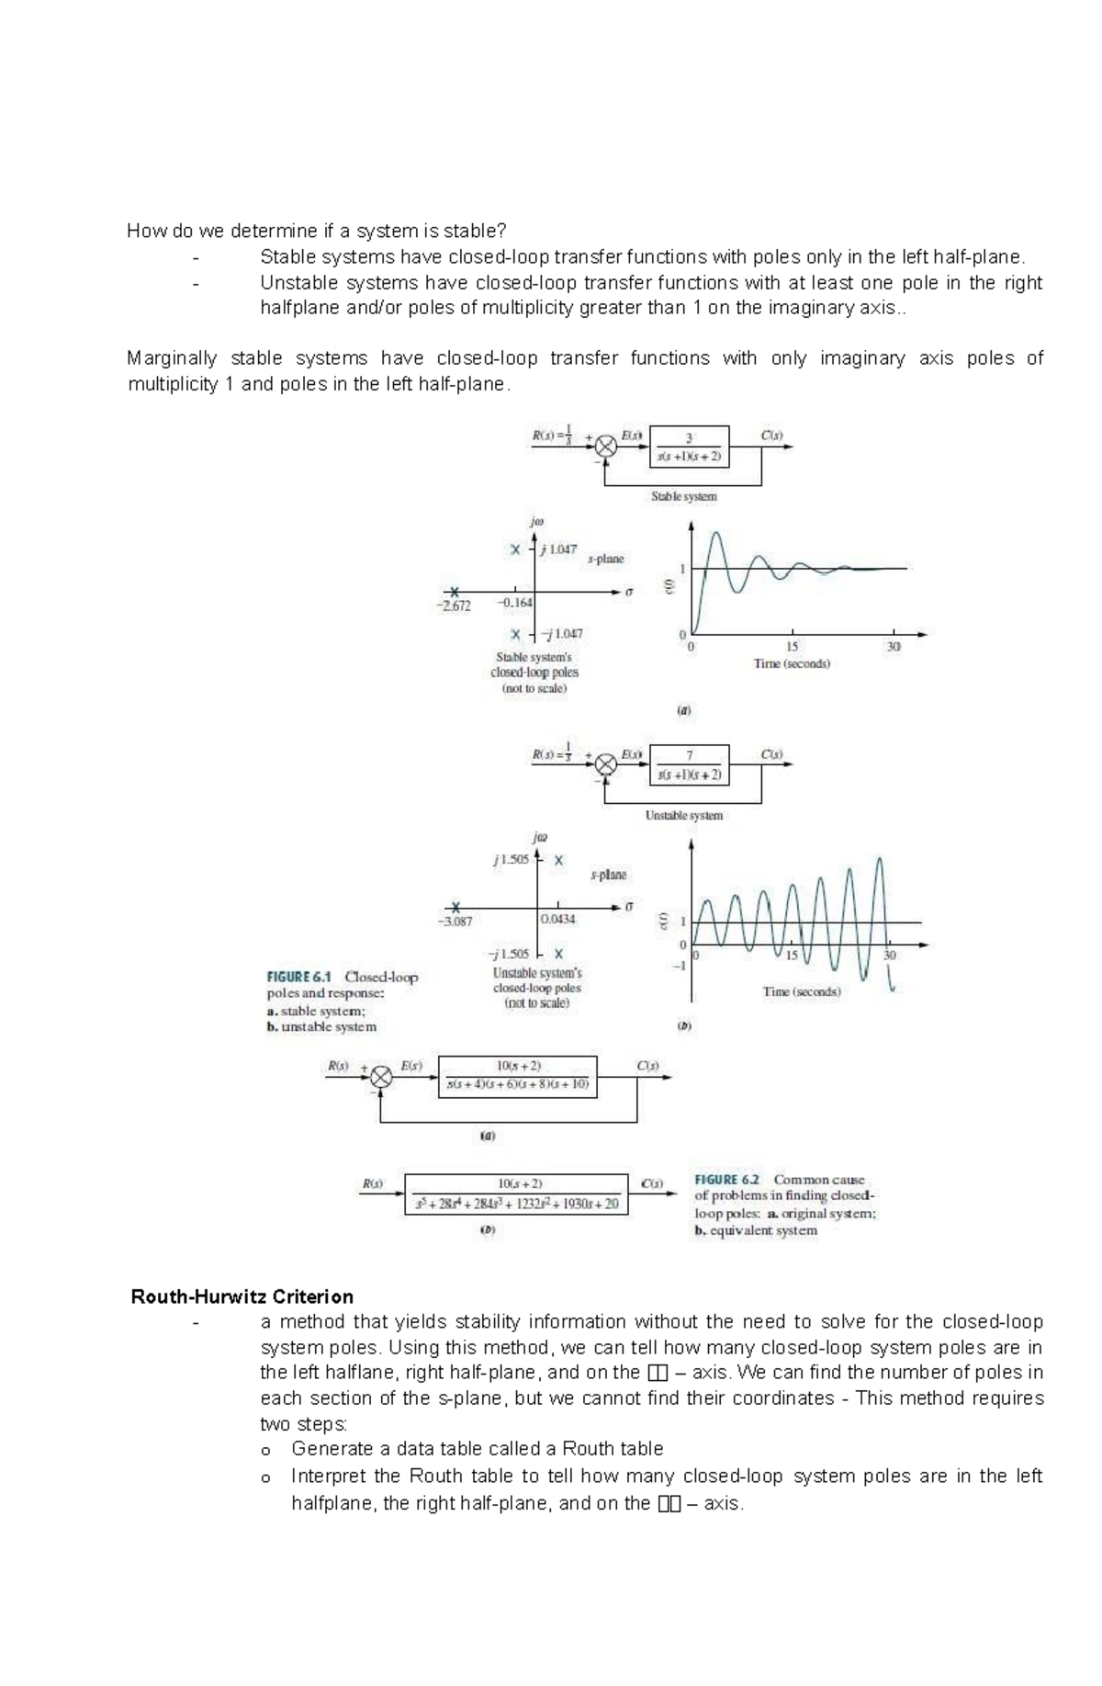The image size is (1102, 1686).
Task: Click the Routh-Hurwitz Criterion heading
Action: [x=242, y=1296]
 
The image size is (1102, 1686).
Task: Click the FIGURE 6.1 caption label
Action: [x=299, y=977]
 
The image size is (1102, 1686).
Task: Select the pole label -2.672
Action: [x=453, y=606]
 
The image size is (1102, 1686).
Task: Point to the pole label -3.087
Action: [x=455, y=921]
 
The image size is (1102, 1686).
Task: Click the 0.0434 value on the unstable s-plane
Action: [x=557, y=919]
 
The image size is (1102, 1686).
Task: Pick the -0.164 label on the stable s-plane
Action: [x=514, y=603]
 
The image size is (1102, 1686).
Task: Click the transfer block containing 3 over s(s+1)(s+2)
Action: [x=689, y=447]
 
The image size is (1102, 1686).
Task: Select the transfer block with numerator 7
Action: [x=689, y=764]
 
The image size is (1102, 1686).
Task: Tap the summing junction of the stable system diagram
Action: [x=605, y=447]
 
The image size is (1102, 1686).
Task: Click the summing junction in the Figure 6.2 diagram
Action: [x=381, y=1077]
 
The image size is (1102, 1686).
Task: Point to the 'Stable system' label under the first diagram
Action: [x=683, y=496]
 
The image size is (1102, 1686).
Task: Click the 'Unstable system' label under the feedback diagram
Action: [x=683, y=815]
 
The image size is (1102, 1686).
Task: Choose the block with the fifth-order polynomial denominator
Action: [x=517, y=1194]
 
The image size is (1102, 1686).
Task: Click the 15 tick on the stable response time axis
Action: [x=792, y=647]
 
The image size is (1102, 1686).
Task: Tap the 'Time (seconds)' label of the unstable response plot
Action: [x=801, y=991]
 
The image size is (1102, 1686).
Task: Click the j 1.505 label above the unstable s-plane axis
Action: [x=510, y=860]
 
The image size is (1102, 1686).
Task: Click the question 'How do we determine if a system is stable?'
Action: [x=316, y=231]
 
